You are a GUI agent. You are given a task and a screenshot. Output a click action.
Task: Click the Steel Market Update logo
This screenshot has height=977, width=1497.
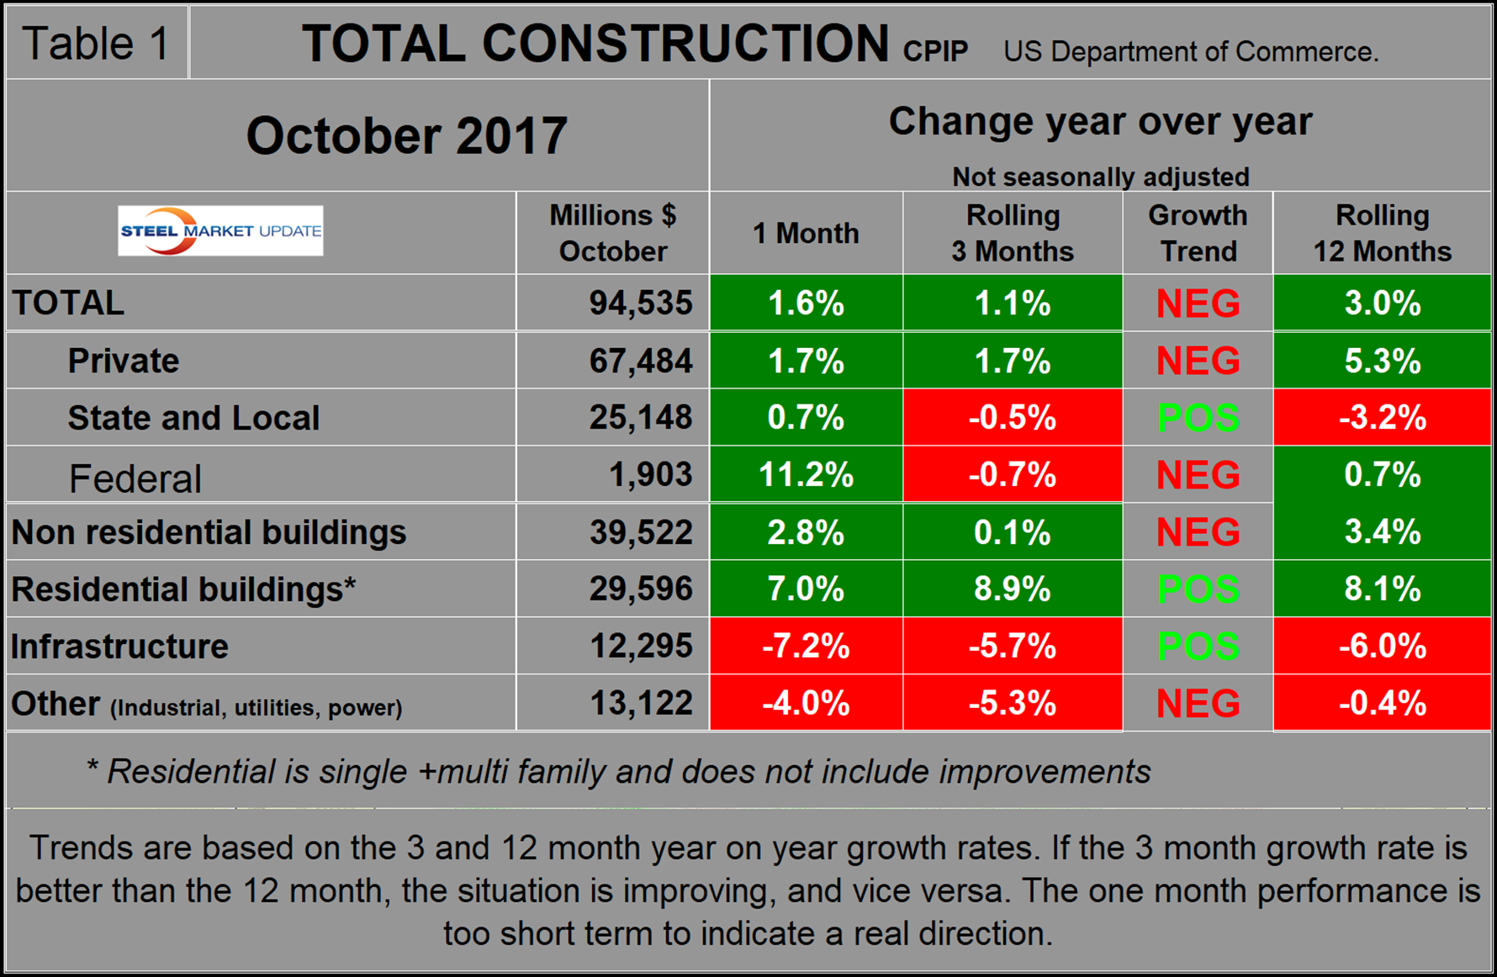coord(220,230)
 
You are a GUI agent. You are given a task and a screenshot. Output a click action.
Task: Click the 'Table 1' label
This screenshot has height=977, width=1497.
coord(96,44)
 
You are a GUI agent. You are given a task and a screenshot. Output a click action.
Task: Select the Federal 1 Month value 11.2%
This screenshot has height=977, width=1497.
coord(806,475)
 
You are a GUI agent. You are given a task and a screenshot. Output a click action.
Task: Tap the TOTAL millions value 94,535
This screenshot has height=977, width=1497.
coord(640,303)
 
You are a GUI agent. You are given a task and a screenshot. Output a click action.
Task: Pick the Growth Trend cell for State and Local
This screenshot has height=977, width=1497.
coord(1198,418)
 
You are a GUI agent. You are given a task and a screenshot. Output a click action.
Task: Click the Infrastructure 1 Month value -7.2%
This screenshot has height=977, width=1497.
coord(806,647)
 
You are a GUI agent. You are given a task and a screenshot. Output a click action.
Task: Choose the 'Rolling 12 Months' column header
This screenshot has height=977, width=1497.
coord(1382,233)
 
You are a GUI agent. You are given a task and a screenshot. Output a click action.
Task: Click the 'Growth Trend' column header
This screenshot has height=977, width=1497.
coord(1198,233)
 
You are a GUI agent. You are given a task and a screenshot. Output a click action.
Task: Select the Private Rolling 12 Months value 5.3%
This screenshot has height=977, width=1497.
coord(1382,361)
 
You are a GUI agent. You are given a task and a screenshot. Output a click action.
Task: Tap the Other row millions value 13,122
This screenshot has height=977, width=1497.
coord(640,703)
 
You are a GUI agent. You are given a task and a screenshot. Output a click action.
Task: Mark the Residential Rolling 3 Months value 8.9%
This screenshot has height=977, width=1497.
coord(1012,589)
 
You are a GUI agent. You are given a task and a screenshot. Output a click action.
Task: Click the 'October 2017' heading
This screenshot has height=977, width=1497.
coord(406,135)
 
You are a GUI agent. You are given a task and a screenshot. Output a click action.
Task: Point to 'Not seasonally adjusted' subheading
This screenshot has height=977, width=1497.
coord(1100,177)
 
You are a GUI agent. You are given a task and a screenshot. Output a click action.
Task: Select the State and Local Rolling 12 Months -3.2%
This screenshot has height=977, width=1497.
coord(1382,418)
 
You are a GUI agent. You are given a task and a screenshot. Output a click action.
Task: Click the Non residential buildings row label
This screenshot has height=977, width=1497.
coord(209,532)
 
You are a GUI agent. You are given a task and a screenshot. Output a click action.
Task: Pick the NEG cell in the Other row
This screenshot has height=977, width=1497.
coord(1198,704)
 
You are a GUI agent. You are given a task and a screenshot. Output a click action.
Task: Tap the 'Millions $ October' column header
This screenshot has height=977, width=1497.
coord(612,233)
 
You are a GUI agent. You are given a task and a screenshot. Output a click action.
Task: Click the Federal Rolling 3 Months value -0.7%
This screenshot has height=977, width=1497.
coord(1012,475)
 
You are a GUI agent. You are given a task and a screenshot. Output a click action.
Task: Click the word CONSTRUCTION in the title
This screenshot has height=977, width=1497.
coord(685,44)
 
